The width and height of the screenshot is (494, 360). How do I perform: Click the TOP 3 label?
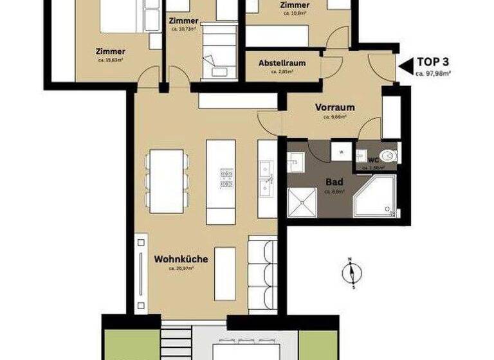click(434, 63)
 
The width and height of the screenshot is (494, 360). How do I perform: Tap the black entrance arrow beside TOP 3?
click(405, 65)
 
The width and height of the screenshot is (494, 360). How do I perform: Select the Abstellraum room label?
click(282, 64)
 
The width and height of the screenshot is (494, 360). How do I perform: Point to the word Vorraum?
click(335, 107)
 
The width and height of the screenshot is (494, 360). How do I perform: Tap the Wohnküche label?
click(180, 259)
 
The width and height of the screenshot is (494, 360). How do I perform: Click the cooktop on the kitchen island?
click(226, 177)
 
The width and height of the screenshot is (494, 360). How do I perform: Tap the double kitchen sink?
click(266, 179)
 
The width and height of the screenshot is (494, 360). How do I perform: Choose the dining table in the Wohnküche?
click(165, 181)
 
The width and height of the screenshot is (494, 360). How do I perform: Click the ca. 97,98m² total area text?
click(433, 74)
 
